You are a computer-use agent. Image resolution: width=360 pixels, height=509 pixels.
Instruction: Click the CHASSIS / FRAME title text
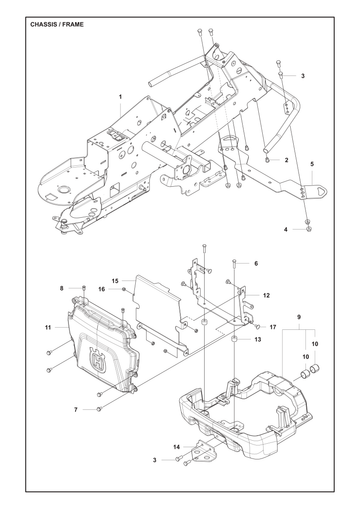point(57,24)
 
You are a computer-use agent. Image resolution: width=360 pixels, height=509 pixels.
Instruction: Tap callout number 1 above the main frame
point(121,97)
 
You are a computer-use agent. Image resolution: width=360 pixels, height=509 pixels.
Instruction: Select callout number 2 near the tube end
point(286,160)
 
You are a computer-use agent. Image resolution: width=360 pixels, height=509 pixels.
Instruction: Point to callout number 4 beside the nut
point(286,229)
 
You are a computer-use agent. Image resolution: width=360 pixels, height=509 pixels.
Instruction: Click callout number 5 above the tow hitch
point(312,164)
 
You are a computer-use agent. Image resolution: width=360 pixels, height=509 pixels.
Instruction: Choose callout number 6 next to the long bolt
point(256,263)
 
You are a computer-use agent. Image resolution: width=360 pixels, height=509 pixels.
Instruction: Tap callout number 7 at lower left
point(76,409)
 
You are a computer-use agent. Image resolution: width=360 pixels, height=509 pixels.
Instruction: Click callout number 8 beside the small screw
point(61,288)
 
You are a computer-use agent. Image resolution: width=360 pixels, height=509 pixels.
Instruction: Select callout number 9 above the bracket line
point(299,317)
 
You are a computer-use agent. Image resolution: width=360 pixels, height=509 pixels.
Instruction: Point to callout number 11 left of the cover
point(48,327)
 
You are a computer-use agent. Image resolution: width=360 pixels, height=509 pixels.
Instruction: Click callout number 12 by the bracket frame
point(266,295)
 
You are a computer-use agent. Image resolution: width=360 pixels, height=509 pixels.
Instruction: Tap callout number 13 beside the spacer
point(258,339)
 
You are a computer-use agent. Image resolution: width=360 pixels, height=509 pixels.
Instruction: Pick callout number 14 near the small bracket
point(177,447)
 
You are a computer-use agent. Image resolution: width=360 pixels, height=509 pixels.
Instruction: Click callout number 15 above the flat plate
point(115,281)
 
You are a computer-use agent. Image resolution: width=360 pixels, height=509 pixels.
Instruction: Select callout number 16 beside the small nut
point(102,289)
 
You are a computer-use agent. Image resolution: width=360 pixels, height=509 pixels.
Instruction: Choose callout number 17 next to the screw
point(273,327)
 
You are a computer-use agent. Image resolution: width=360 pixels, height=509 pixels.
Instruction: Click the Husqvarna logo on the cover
point(98,359)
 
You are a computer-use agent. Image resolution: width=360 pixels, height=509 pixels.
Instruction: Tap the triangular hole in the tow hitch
point(321,190)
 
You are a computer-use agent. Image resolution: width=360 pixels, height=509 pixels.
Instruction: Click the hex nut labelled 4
point(309,229)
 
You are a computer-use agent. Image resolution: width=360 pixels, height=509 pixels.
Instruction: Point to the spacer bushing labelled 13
point(236,339)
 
